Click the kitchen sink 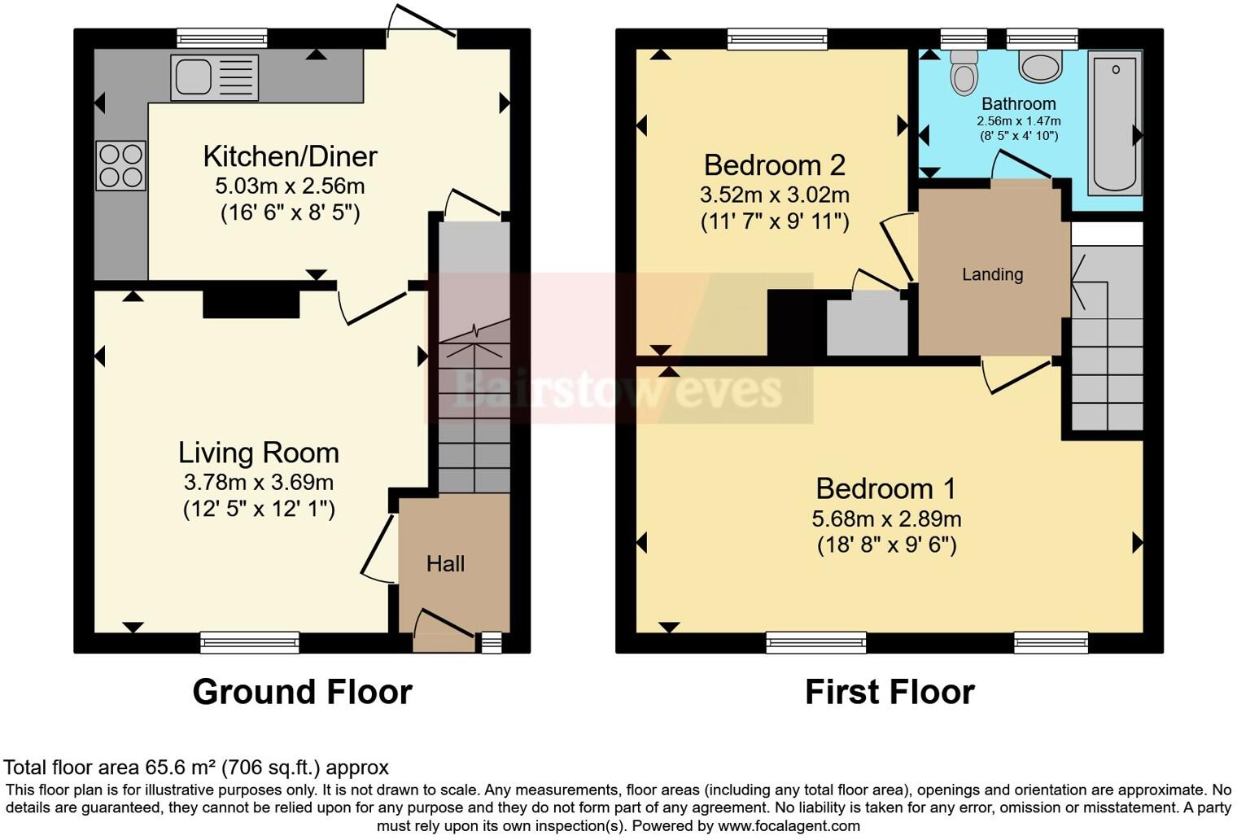click(x=214, y=77)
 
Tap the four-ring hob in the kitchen click(x=120, y=165)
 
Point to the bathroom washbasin click(x=1040, y=66)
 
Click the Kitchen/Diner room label click(x=290, y=155)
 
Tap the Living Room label click(x=258, y=453)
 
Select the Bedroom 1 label click(x=885, y=488)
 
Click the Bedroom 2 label click(x=774, y=165)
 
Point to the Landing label click(x=992, y=274)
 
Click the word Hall click(x=445, y=563)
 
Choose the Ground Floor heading click(x=302, y=692)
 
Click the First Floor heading click(x=890, y=692)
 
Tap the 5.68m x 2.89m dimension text click(x=886, y=518)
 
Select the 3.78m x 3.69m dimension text click(x=258, y=482)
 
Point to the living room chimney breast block click(x=251, y=304)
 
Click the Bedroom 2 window click(x=777, y=38)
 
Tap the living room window click(x=250, y=643)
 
